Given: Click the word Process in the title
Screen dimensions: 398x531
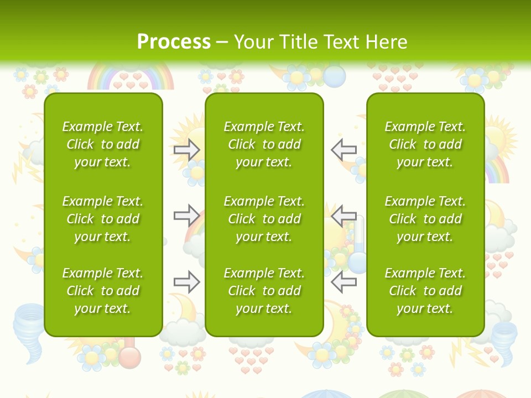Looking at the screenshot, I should click(x=174, y=42).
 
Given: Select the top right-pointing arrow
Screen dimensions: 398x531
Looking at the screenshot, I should click(x=186, y=150).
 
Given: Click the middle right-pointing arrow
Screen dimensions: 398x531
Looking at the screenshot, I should click(x=186, y=214).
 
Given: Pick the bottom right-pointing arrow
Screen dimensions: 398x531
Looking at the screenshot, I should click(x=186, y=282).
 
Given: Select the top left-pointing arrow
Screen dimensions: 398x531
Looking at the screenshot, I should click(x=344, y=149).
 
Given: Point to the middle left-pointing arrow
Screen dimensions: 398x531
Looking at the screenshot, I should click(x=344, y=214).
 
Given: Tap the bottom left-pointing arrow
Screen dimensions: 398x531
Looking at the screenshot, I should click(x=344, y=282).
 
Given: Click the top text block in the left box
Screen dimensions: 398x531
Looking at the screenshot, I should click(x=103, y=144).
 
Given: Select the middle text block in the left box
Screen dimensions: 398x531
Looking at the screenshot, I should click(x=103, y=219).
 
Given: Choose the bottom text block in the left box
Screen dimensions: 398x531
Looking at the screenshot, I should click(x=103, y=291).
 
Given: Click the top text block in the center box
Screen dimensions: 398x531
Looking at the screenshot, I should click(x=264, y=144).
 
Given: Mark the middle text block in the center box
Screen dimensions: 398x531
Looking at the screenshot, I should click(x=264, y=219).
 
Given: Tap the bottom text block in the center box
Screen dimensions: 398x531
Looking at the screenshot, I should click(x=264, y=291).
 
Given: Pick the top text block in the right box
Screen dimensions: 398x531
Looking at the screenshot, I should click(x=425, y=144).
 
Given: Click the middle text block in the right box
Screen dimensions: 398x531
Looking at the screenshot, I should click(x=425, y=219).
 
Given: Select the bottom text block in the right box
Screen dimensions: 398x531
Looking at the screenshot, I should click(x=425, y=291).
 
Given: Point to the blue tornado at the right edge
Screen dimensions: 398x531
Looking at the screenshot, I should click(x=504, y=339).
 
